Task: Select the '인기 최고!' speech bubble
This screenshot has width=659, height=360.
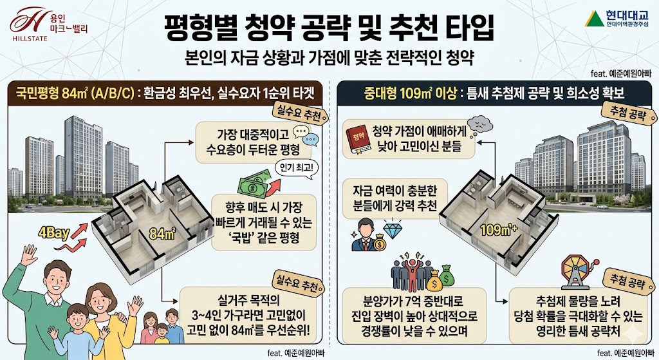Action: [x=295, y=169]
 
